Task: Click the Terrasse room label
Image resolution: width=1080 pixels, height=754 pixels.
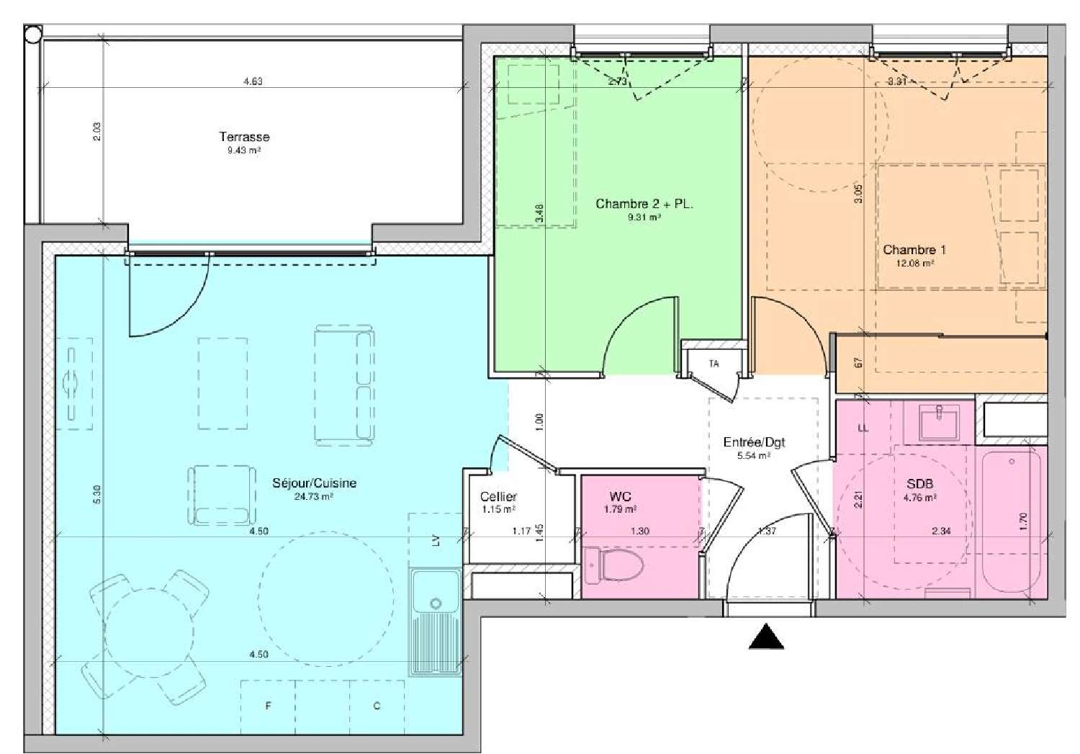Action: [x=244, y=137]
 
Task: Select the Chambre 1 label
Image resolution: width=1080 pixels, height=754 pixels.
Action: [x=914, y=250]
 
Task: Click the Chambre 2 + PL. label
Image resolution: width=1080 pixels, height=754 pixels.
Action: [x=644, y=204]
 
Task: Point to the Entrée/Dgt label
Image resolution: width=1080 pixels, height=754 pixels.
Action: [x=754, y=442]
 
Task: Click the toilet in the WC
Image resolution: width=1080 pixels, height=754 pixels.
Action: [x=608, y=565]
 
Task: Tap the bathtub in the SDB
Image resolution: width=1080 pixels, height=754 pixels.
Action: [x=1011, y=519]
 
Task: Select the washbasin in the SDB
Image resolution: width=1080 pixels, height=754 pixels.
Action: [x=939, y=421]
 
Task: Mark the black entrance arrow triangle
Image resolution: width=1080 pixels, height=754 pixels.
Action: [x=766, y=637]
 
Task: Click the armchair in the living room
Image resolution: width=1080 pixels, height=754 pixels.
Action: [x=222, y=495]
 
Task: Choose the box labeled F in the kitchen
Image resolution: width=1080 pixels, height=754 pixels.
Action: [x=268, y=706]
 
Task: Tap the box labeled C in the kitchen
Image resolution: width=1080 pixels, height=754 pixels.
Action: [x=377, y=706]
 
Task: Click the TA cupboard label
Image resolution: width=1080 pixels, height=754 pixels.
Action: [x=714, y=364]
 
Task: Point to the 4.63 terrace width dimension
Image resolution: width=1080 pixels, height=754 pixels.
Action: [x=252, y=81]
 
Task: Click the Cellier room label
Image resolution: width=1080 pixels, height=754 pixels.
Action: [x=498, y=496]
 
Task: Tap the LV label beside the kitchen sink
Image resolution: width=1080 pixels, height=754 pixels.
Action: [x=436, y=540]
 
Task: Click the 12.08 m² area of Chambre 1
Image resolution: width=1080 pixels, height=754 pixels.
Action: [x=914, y=264]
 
